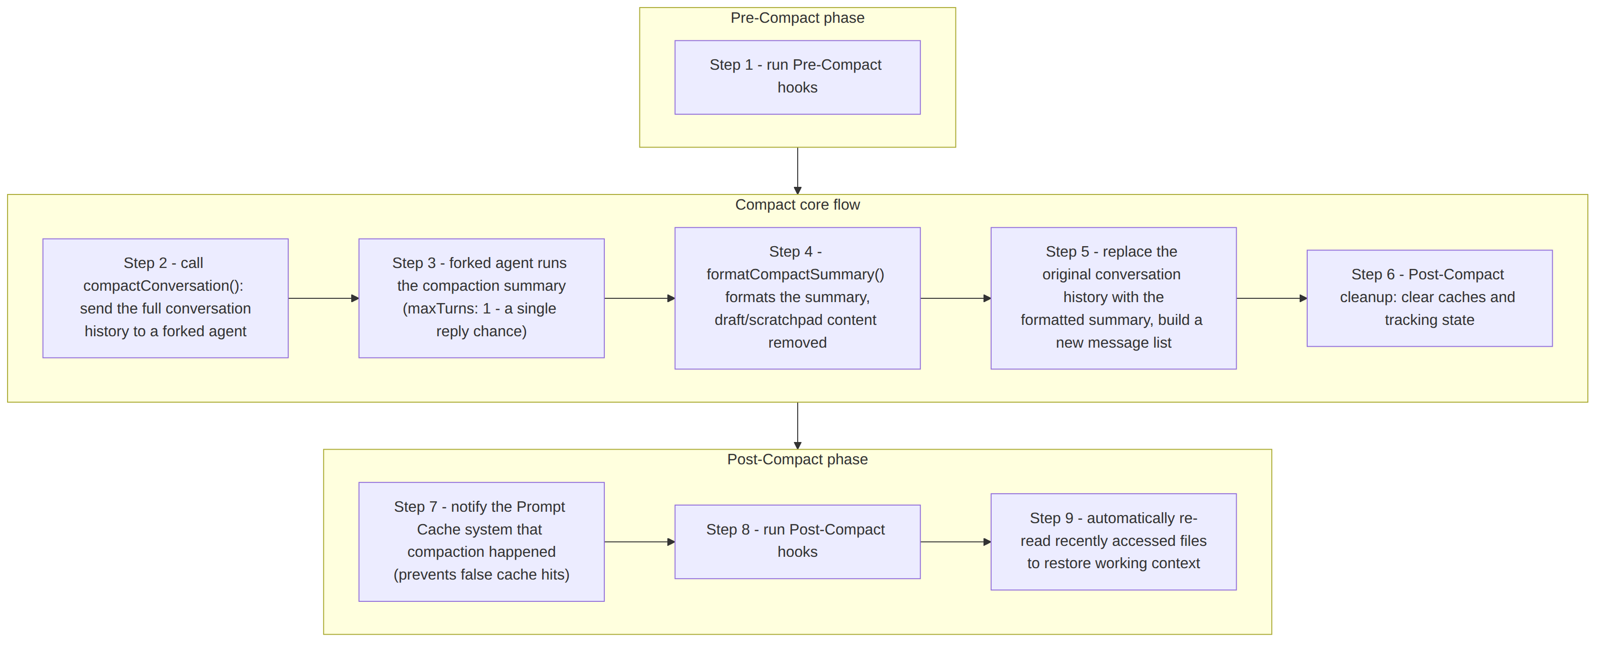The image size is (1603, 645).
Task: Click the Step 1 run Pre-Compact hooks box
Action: (x=797, y=77)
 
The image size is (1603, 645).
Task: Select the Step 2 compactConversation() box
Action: (x=165, y=298)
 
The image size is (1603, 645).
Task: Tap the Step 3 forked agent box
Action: (x=482, y=298)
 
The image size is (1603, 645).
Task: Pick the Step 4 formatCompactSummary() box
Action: (x=797, y=298)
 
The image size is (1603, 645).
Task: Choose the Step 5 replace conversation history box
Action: (x=1113, y=298)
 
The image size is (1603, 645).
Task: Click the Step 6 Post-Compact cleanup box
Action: (x=1430, y=298)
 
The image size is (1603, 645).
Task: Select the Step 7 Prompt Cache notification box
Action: (x=482, y=542)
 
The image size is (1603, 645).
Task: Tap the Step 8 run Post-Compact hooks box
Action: (x=797, y=542)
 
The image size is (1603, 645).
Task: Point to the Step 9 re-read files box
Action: (x=1113, y=542)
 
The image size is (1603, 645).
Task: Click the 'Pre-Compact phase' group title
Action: (x=797, y=18)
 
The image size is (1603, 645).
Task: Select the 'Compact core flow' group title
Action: (x=797, y=205)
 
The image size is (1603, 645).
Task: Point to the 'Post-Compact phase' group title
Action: (x=797, y=460)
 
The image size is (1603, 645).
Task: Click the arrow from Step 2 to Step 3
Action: (x=324, y=298)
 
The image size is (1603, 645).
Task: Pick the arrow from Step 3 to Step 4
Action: (x=640, y=298)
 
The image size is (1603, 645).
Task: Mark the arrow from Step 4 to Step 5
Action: (x=956, y=298)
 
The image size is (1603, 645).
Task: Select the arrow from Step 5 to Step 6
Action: (x=1272, y=298)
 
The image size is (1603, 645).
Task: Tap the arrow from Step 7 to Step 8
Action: (x=640, y=542)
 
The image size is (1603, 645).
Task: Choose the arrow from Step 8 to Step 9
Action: (x=956, y=542)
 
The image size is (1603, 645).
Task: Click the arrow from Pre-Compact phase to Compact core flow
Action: (x=797, y=171)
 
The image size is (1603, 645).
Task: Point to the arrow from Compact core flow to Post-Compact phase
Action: (x=797, y=426)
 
